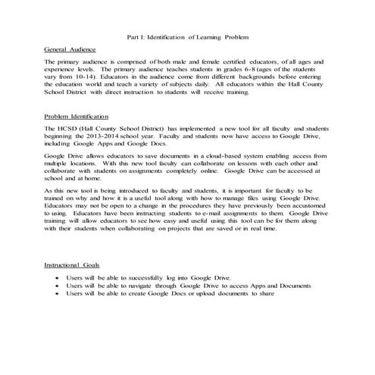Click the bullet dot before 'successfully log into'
pyautogui.click(x=59, y=278)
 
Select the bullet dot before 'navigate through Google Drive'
pyautogui.click(x=59, y=286)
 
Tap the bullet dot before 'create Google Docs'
pyautogui.click(x=59, y=293)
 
